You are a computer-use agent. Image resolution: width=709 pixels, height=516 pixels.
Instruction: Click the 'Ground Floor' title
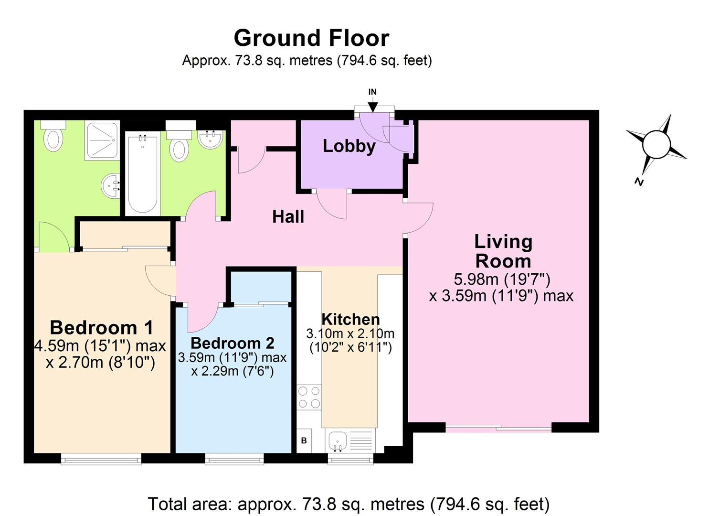point(311,38)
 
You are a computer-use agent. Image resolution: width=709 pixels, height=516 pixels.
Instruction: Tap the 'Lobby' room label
point(349,146)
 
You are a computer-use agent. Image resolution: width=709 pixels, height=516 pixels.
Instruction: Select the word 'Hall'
point(288,217)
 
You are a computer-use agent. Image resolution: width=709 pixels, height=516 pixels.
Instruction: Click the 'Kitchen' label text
point(350,319)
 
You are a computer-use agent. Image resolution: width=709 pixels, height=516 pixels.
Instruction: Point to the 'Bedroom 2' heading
point(233,343)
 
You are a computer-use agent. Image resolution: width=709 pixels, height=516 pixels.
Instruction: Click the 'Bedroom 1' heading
point(101,328)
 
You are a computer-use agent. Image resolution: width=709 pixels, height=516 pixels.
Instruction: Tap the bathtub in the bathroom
point(142,174)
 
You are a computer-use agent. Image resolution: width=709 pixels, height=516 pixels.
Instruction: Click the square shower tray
point(102,141)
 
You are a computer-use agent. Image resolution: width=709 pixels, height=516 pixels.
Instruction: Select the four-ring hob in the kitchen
point(309,398)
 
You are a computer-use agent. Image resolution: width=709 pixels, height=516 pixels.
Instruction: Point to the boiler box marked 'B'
point(304,441)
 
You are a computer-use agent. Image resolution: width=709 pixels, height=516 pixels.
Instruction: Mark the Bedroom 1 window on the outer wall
point(101,459)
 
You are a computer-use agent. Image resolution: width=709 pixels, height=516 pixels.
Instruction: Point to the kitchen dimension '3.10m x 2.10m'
point(350,333)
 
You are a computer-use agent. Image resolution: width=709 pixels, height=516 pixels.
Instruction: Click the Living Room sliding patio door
point(498,428)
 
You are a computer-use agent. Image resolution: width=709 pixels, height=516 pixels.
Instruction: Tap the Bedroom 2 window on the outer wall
point(234,459)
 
